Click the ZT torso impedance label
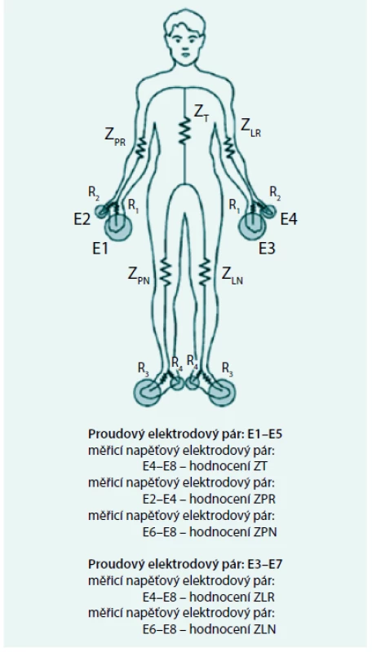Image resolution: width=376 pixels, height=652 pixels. click(201, 113)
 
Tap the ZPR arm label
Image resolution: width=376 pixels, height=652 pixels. click(115, 136)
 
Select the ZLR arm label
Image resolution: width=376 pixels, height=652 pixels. click(251, 127)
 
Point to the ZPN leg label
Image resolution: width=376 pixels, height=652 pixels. click(139, 275)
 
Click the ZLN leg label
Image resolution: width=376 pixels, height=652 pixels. click(232, 275)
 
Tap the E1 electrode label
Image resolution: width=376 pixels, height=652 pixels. click(100, 249)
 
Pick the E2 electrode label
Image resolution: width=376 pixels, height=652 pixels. click(82, 219)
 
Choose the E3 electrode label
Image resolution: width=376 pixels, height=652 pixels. click(267, 249)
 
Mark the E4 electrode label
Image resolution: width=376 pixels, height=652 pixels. click(289, 218)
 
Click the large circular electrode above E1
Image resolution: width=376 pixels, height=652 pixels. click(118, 227)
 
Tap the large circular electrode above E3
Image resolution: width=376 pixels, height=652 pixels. click(252, 227)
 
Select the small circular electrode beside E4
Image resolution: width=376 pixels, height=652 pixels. click(268, 211)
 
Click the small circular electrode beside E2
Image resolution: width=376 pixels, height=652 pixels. click(101, 211)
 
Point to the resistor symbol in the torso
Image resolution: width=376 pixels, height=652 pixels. click(185, 130)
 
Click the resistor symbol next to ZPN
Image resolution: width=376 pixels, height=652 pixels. click(166, 272)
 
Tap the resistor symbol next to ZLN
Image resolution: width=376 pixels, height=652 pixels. click(204, 272)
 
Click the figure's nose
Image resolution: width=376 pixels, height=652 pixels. click(184, 46)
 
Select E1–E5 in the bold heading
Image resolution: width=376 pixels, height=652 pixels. click(264, 434)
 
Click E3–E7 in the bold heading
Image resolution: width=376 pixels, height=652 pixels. click(265, 564)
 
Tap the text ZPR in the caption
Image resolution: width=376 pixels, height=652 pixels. click(263, 499)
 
